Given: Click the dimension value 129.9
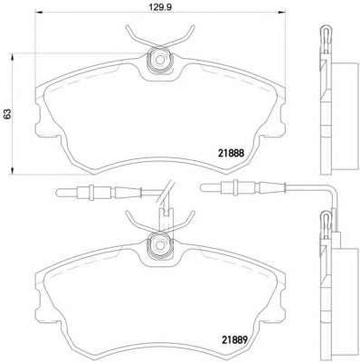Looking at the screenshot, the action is point(160,7).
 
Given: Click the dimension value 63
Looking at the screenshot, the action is point(7,114).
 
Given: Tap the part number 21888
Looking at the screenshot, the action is point(231,153).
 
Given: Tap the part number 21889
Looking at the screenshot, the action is point(235,340).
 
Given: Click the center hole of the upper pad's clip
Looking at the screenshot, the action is point(159,60).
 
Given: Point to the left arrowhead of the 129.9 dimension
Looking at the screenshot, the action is point(40,12).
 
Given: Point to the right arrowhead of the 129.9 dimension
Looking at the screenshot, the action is point(281,12).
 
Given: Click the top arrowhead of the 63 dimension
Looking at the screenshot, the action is point(12,58).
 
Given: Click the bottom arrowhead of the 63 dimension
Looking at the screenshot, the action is point(12,170).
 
